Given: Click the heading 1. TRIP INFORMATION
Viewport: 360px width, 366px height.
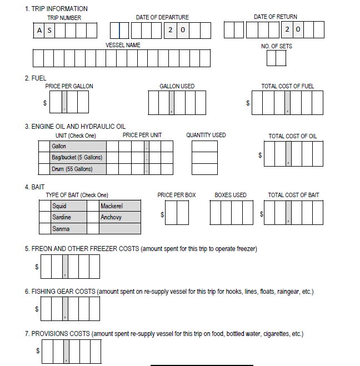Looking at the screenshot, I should click(x=56, y=9).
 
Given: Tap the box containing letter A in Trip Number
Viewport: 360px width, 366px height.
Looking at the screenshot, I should click(x=39, y=31).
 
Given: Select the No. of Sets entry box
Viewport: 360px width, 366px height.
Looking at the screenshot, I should click(x=276, y=58).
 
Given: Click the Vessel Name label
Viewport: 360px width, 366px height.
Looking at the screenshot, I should click(x=123, y=45).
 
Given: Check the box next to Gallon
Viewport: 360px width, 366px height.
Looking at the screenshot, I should click(x=44, y=146).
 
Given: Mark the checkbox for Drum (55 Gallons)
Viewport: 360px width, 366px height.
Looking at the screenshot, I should click(x=44, y=169).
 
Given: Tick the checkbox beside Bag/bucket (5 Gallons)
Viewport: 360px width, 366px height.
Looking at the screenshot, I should click(x=44, y=157).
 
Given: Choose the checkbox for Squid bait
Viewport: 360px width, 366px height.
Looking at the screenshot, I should click(x=44, y=206).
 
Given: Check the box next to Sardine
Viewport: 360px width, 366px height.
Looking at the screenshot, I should click(x=44, y=217).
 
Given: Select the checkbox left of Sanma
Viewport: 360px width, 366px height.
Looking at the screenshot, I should click(x=44, y=228).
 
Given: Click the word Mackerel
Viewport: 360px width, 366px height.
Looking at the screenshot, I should click(x=112, y=206).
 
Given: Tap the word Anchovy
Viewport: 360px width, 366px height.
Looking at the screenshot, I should click(x=111, y=217).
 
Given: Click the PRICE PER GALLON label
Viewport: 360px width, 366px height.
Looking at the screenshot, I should click(x=69, y=86).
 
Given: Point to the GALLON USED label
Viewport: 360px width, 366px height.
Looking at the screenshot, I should click(x=177, y=86).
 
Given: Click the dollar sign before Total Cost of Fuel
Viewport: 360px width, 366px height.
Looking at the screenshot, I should click(x=248, y=103).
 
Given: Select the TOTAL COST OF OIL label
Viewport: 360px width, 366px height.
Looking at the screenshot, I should click(x=293, y=136).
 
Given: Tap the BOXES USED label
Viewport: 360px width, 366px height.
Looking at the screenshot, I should click(x=231, y=195).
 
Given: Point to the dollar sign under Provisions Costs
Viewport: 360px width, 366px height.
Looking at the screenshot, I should click(x=37, y=351).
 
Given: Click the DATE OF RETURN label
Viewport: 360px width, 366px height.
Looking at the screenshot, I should click(x=275, y=17).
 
